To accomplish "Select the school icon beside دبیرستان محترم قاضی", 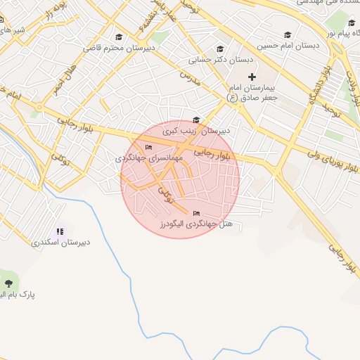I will pyautogui.click(x=119, y=37).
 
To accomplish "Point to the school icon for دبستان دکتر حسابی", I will pyautogui.click(x=220, y=49).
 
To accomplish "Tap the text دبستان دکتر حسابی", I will pyautogui.click(x=221, y=60).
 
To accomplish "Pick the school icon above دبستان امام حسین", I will pyautogui.click(x=287, y=35).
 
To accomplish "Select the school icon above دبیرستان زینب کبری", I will pyautogui.click(x=196, y=120).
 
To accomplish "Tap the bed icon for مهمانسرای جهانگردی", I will pyautogui.click(x=148, y=147).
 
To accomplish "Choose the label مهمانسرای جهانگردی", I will pyautogui.click(x=150, y=159).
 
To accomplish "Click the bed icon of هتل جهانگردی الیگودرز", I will pyautogui.click(x=196, y=213).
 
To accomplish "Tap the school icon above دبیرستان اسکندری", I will pyautogui.click(x=60, y=231).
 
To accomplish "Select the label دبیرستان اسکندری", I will pyautogui.click(x=61, y=243).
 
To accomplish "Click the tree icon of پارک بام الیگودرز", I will pyautogui.click(x=8, y=283).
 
